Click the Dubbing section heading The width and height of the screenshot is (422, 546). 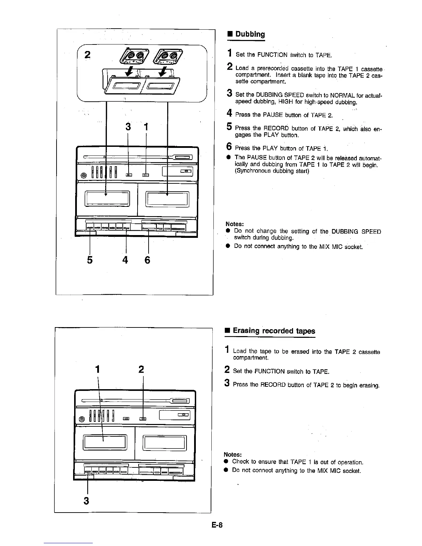pyautogui.click(x=250, y=34)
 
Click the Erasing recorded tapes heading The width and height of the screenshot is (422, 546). pyautogui.click(x=274, y=331)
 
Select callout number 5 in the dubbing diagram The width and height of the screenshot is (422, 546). pyautogui.click(x=90, y=260)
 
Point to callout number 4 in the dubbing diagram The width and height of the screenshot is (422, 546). pyautogui.click(x=125, y=260)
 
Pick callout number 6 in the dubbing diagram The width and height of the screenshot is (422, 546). pyautogui.click(x=148, y=260)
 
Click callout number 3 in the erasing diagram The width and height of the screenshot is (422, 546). pyautogui.click(x=87, y=500)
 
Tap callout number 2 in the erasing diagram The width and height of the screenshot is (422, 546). pyautogui.click(x=141, y=370)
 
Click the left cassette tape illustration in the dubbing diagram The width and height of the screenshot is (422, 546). pyautogui.click(x=134, y=55)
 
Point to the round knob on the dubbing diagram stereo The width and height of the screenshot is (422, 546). pyautogui.click(x=83, y=175)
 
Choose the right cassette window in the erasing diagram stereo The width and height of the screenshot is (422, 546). pyautogui.click(x=165, y=443)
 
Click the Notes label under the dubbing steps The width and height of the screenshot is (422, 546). pyautogui.click(x=235, y=224)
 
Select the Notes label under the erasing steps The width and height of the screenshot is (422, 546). pyautogui.click(x=232, y=454)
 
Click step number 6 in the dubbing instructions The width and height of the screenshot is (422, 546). pyautogui.click(x=229, y=147)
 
